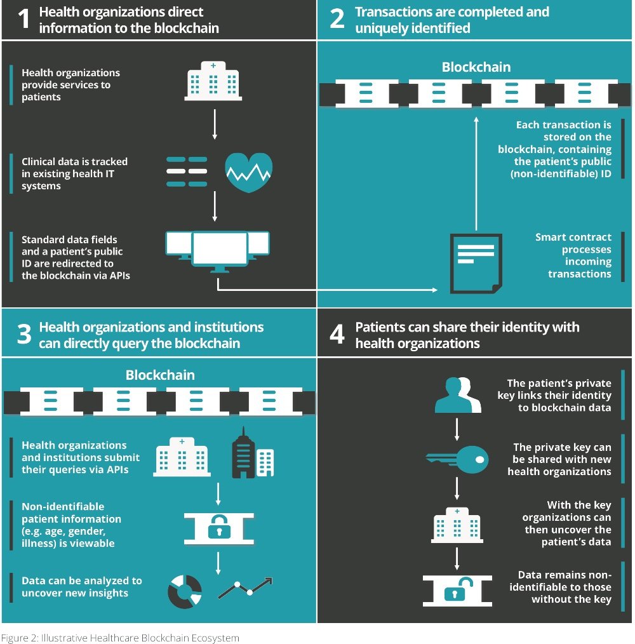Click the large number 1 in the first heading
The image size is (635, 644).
(x=24, y=19)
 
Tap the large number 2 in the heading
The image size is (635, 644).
(x=337, y=19)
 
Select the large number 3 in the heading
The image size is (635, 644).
(x=24, y=334)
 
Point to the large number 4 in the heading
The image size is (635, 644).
(x=337, y=334)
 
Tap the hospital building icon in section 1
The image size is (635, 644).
(x=213, y=81)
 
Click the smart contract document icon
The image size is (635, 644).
(x=476, y=264)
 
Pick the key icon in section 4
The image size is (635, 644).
(x=457, y=459)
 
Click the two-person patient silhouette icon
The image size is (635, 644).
(x=458, y=394)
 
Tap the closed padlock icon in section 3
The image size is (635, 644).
(x=219, y=528)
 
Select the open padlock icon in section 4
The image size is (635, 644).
(x=457, y=591)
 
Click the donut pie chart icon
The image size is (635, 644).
(x=185, y=591)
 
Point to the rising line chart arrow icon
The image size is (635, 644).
(x=245, y=587)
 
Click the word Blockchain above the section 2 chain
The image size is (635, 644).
(x=476, y=67)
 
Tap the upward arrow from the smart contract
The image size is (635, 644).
(x=476, y=173)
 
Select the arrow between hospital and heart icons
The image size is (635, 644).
(x=215, y=124)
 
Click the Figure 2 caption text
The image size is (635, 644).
(x=120, y=638)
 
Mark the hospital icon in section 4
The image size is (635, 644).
(x=457, y=525)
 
